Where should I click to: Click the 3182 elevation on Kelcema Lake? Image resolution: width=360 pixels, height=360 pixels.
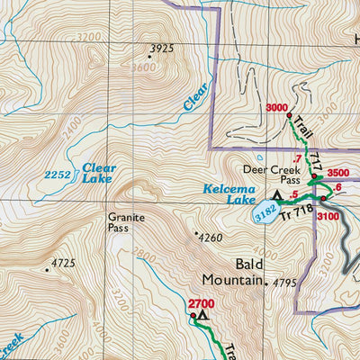pos(264,214)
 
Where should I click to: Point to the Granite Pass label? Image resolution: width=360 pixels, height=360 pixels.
pos(125,222)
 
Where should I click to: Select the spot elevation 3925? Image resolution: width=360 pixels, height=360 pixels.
pos(161,49)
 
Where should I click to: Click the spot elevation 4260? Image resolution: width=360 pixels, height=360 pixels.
pos(209,238)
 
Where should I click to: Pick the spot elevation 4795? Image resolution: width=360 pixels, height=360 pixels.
pos(284,283)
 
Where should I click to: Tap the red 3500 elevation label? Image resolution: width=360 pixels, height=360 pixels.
pos(337,173)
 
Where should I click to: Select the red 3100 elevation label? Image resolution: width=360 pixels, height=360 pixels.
pos(328,217)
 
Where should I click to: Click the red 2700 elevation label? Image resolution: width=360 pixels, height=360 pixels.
pos(202,304)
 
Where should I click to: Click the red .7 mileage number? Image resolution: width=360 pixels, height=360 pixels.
pos(296,159)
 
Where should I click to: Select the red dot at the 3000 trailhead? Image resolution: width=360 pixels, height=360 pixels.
pos(289,116)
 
